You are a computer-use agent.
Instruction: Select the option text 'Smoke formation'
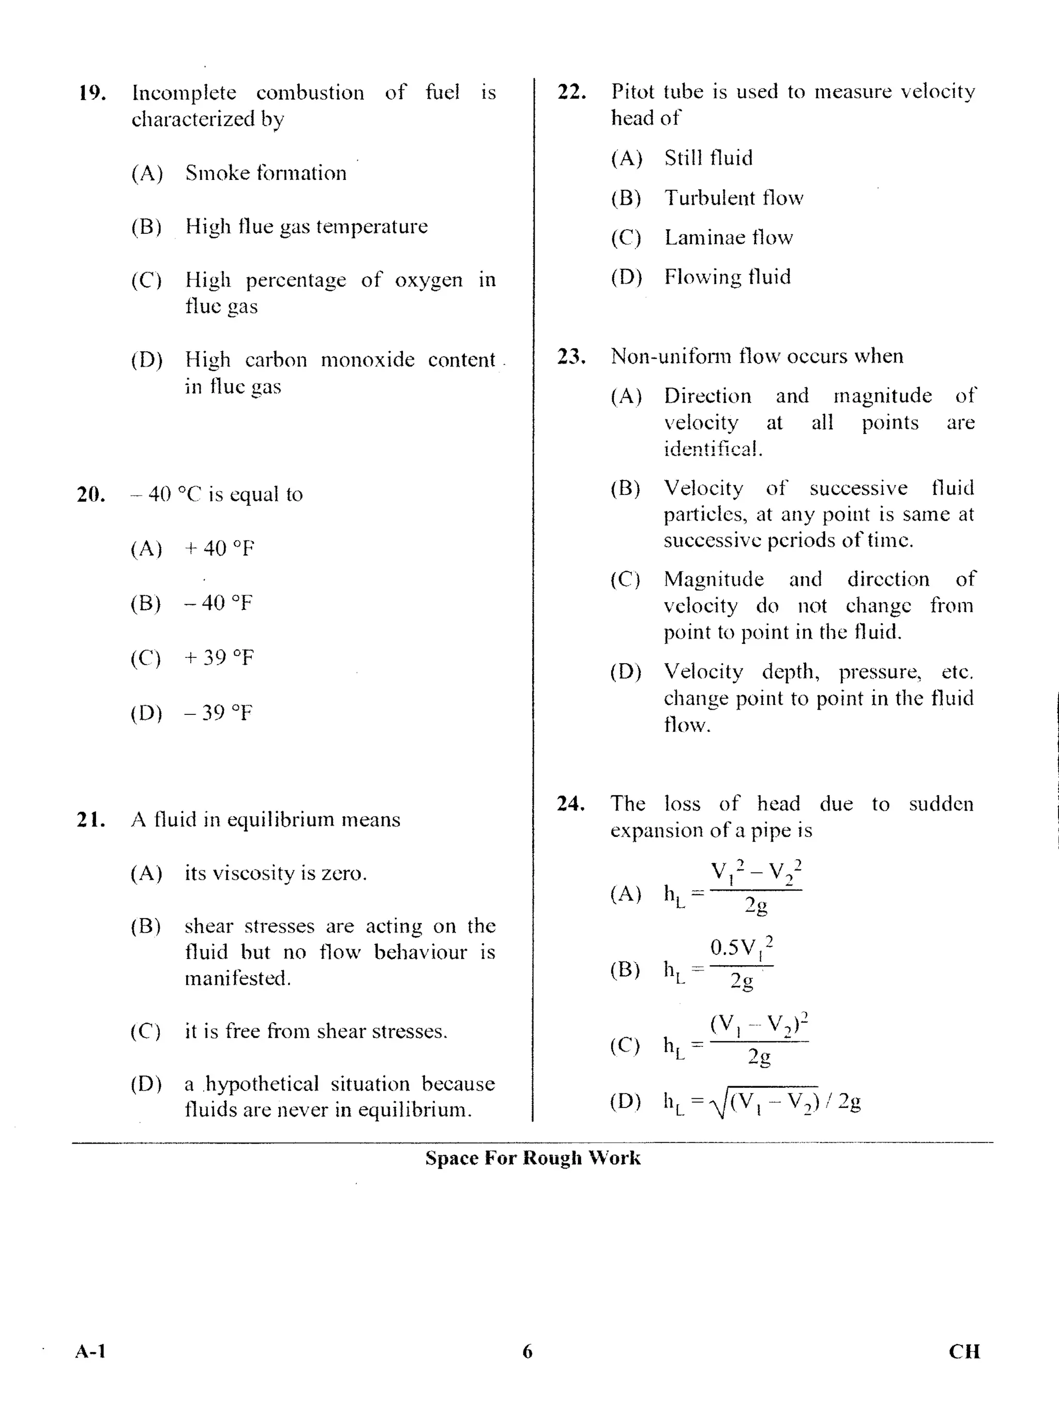[266, 173]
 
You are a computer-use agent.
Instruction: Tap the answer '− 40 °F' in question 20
[218, 603]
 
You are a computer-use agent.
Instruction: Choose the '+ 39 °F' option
[218, 657]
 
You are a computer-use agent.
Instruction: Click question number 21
[90, 819]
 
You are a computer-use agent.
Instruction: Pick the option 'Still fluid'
[708, 158]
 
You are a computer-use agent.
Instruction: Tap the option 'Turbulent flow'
[734, 198]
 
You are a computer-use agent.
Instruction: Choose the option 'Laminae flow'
[729, 237]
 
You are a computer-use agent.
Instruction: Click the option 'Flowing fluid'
[727, 277]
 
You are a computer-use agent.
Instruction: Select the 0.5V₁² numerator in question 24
[741, 947]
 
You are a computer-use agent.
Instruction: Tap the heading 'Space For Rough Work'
[533, 1158]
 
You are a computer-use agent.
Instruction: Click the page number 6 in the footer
[527, 1352]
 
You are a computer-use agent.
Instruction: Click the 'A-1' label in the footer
[90, 1352]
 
